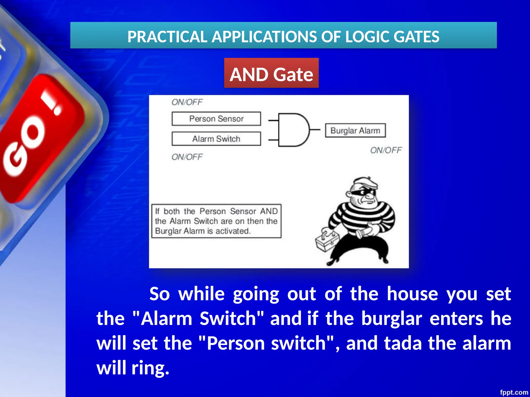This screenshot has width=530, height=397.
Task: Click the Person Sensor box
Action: (216, 119)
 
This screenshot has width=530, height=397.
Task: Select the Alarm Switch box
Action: (216, 139)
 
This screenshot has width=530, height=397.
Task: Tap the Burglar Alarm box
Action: (355, 131)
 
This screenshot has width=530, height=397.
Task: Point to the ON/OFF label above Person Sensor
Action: (187, 102)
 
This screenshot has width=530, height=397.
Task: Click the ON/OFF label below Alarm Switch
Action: (187, 157)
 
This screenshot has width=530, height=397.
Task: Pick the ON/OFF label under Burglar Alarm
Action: (386, 150)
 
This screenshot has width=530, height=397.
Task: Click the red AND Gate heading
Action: (271, 74)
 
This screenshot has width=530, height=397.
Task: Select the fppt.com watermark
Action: (514, 392)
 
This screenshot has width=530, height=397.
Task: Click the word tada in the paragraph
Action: (403, 343)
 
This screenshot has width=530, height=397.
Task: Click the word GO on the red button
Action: (25, 147)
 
